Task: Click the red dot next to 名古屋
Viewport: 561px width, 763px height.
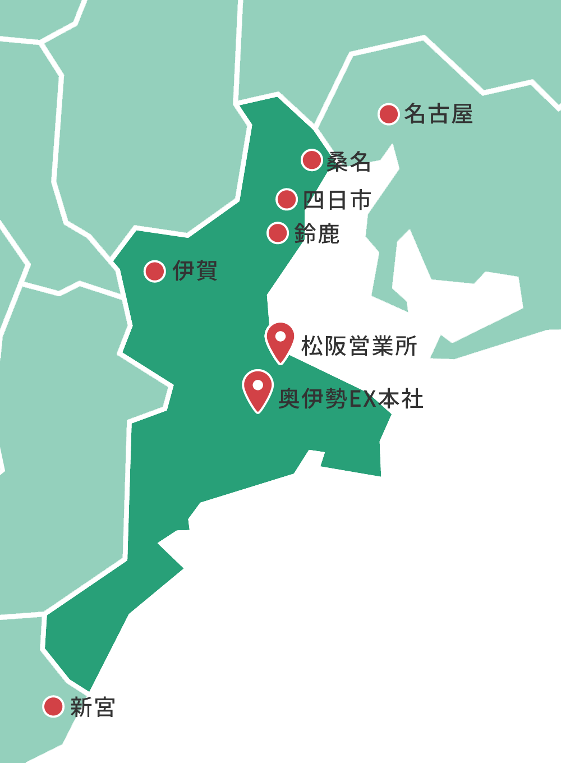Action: (388, 114)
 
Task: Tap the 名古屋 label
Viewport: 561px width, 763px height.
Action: (438, 114)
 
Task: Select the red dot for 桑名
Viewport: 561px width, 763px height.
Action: (311, 160)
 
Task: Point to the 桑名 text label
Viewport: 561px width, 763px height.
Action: (348, 162)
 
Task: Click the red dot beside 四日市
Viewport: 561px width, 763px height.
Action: (287, 199)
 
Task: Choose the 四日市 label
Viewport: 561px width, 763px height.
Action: (337, 200)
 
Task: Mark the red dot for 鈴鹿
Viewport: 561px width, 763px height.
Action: (278, 233)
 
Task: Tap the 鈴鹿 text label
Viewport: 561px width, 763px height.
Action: (317, 234)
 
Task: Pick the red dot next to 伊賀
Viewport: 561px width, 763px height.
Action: (154, 271)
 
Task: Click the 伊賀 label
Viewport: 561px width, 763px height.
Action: (195, 271)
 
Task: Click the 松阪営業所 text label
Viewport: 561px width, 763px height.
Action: (359, 346)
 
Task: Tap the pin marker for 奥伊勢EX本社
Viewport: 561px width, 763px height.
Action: (257, 389)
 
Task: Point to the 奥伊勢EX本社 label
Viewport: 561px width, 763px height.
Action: (351, 399)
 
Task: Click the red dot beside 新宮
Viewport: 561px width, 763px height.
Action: (53, 706)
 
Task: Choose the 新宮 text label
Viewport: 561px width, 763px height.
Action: (93, 707)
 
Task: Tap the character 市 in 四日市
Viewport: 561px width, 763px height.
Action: (360, 200)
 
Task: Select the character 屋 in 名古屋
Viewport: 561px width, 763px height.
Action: (462, 114)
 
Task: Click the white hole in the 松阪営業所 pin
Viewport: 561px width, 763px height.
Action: (280, 337)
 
